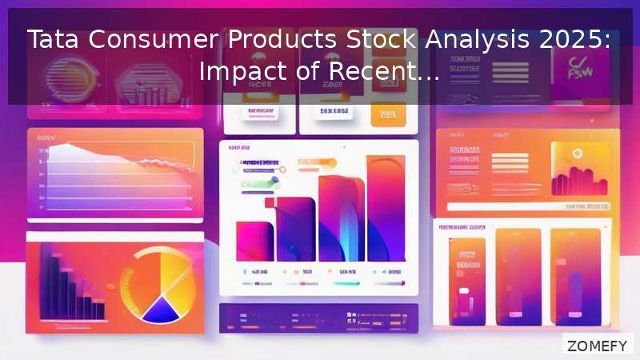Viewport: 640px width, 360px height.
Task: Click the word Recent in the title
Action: coord(377,73)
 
